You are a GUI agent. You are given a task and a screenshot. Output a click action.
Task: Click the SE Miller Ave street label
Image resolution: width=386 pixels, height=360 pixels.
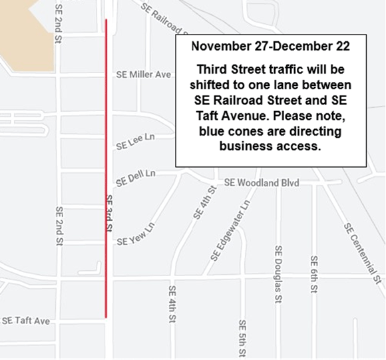point(144,75)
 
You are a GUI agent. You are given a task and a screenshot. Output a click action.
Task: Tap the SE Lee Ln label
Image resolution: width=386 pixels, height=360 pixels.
point(135,142)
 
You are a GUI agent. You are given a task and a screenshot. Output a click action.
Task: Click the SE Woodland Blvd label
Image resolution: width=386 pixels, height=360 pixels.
point(262,182)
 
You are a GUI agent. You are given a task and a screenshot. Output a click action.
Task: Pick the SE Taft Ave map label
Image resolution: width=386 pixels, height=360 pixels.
point(26,321)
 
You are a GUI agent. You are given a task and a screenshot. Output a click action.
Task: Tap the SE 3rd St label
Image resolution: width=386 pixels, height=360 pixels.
point(108,214)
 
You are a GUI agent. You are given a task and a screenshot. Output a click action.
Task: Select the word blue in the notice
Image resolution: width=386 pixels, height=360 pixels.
point(213,132)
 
